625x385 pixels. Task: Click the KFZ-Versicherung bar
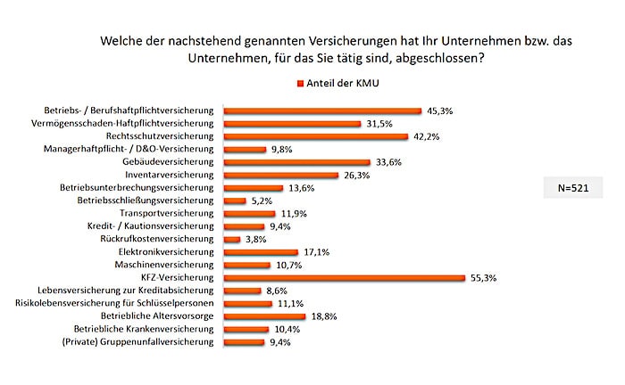pyautogui.click(x=343, y=278)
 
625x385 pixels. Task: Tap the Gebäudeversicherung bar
pyautogui.click(x=296, y=162)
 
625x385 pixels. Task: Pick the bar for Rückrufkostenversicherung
pyautogui.click(x=230, y=240)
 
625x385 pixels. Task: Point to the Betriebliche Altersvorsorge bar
pyautogui.click(x=263, y=316)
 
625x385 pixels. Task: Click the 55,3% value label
pyautogui.click(x=483, y=278)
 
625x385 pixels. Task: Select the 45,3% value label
pyautogui.click(x=440, y=111)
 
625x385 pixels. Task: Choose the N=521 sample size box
pyautogui.click(x=572, y=189)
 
